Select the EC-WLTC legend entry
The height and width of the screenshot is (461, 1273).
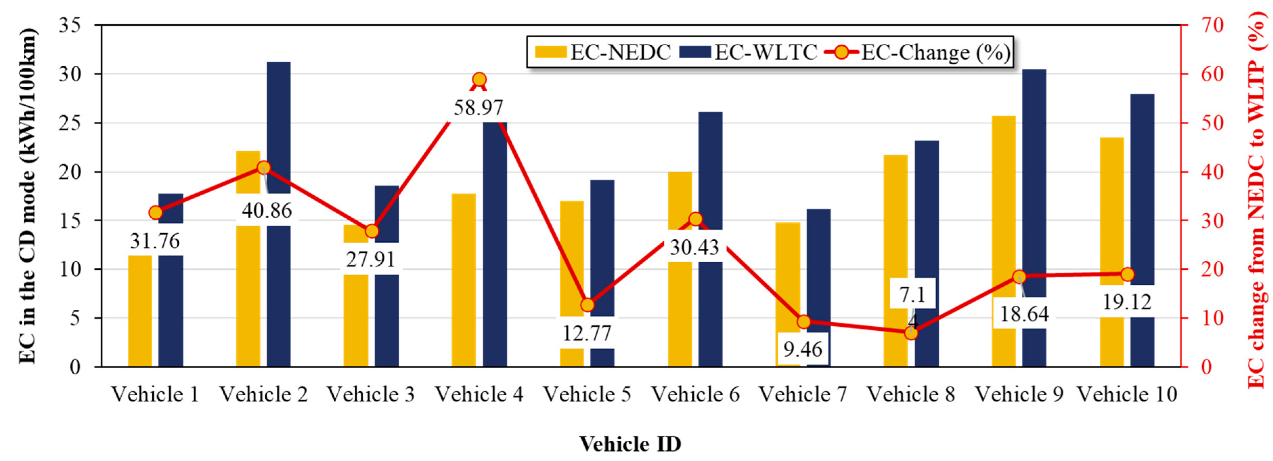click(748, 52)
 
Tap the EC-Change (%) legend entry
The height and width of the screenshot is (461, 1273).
click(918, 52)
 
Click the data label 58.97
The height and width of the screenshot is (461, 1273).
click(478, 108)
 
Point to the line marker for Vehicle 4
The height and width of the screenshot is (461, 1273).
click(479, 80)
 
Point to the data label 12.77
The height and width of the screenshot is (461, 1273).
click(586, 333)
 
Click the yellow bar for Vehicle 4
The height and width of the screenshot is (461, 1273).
click(464, 277)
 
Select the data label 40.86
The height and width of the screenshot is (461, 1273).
click(267, 211)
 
